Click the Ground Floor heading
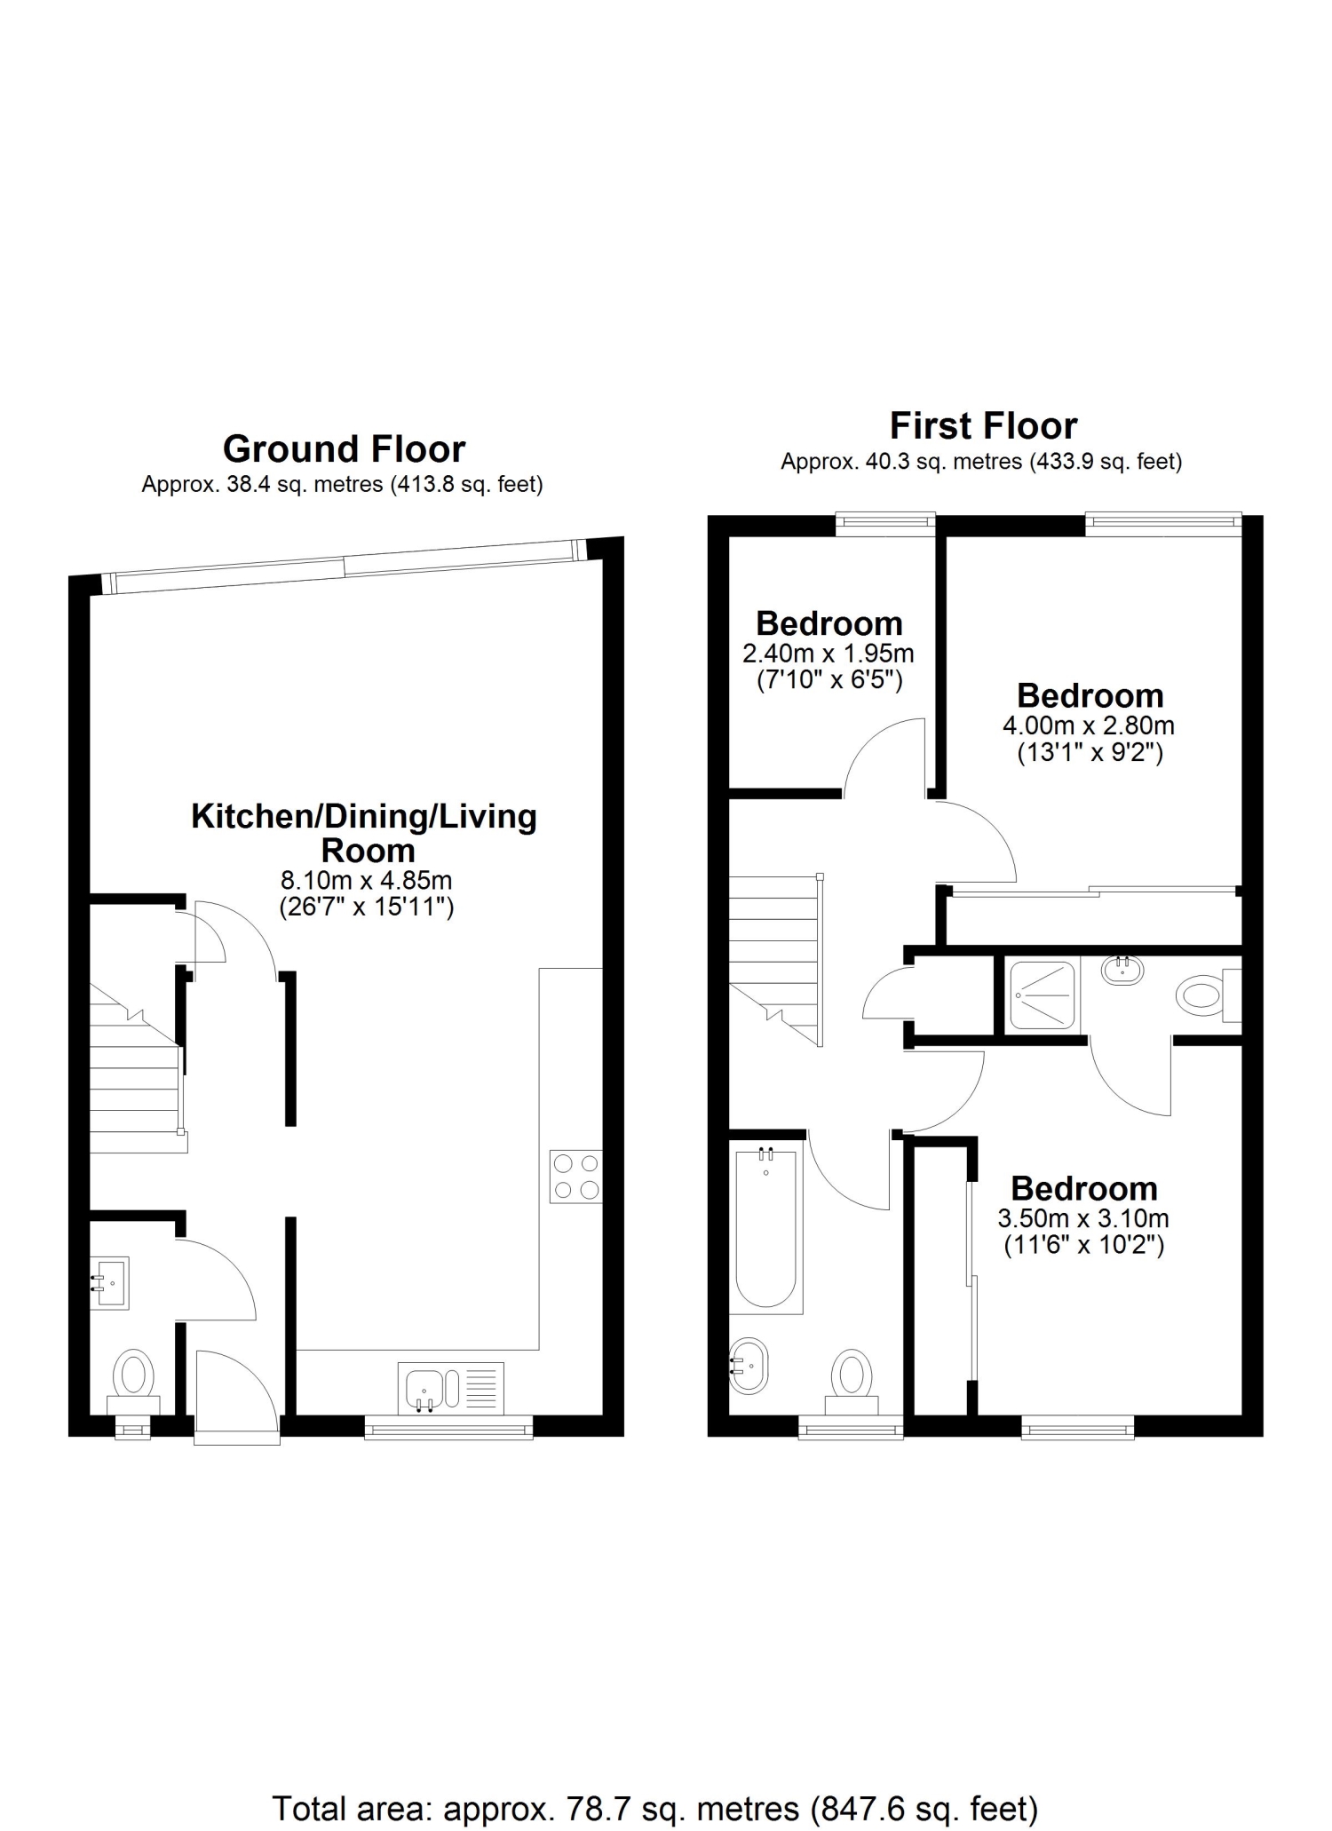(344, 449)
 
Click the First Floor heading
(983, 426)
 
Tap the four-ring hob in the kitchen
(575, 1177)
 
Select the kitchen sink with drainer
(451, 1386)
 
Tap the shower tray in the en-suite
(1042, 995)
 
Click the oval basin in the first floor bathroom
(749, 1365)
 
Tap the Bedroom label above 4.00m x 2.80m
(1090, 695)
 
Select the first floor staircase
(776, 960)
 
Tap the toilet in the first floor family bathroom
(852, 1382)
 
